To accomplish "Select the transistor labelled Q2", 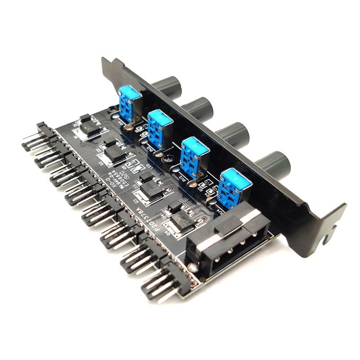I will point(115,152).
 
